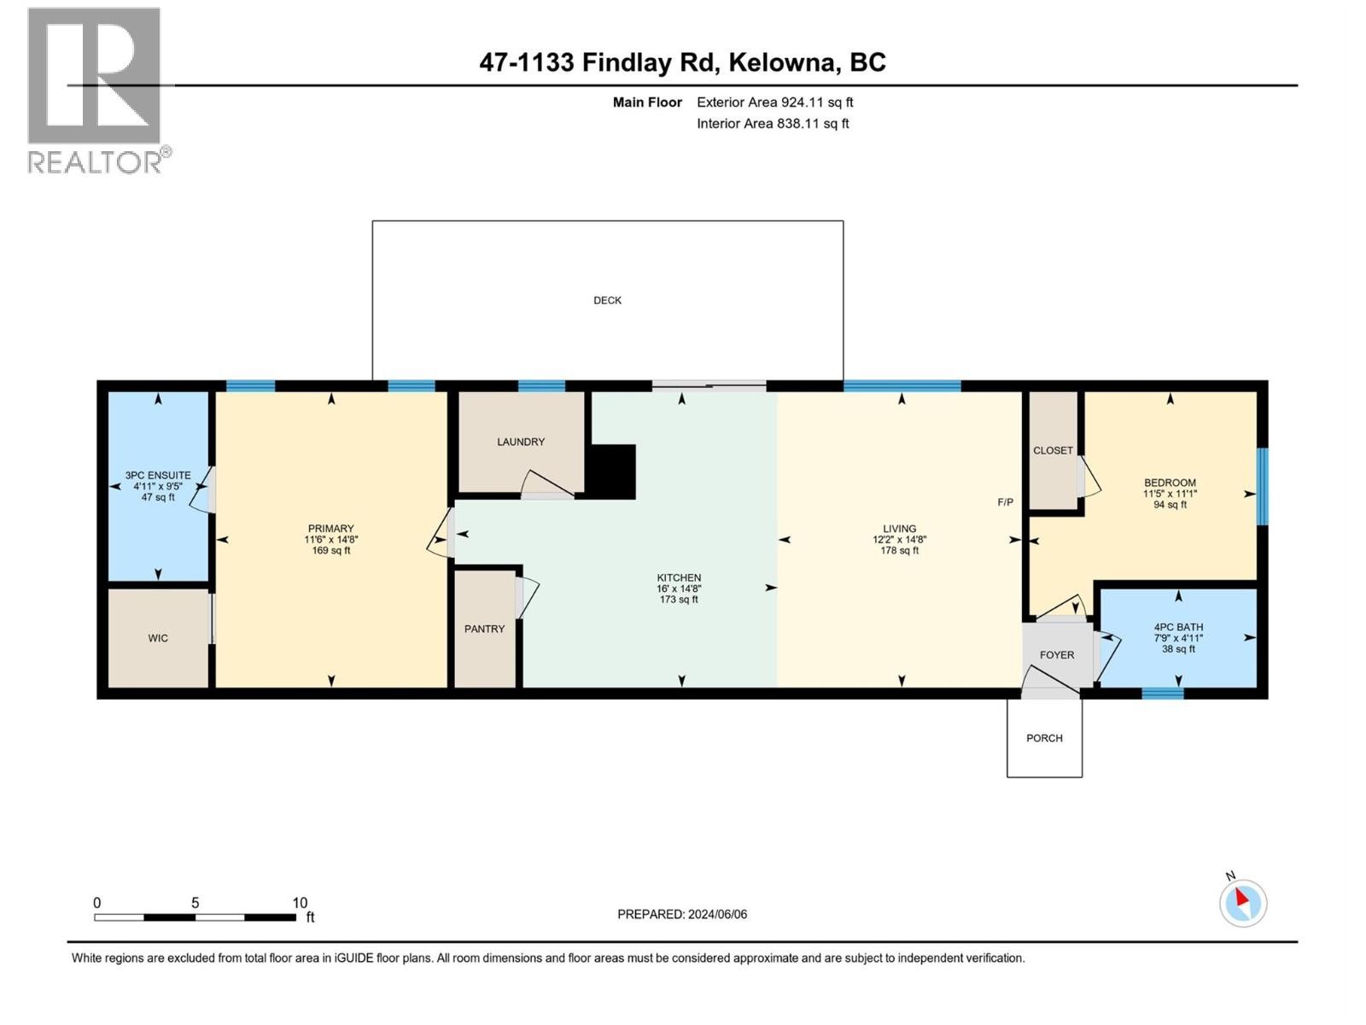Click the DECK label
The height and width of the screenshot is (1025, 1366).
point(607,301)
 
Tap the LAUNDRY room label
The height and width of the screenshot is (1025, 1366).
point(521,442)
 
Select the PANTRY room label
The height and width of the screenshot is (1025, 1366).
point(484,629)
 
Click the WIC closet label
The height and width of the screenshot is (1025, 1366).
point(158,638)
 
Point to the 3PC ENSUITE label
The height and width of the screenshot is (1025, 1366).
point(158,476)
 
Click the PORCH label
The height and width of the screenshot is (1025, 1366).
point(1044,738)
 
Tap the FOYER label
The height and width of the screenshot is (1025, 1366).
point(1056,655)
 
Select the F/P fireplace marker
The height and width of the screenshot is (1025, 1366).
point(1006,502)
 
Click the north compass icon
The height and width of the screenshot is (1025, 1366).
point(1242,902)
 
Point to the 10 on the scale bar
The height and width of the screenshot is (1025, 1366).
point(300,903)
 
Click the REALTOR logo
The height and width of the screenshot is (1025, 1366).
point(95,90)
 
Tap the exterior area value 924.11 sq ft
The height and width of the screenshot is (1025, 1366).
point(817,102)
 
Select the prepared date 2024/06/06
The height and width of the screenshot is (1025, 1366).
point(717,914)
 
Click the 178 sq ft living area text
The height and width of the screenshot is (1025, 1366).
point(899,551)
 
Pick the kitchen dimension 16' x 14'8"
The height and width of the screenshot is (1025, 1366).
point(679,589)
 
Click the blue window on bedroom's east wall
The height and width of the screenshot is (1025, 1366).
point(1263,486)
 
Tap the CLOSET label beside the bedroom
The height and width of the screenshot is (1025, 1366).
point(1052,450)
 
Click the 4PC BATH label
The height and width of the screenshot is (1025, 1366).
point(1178,627)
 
